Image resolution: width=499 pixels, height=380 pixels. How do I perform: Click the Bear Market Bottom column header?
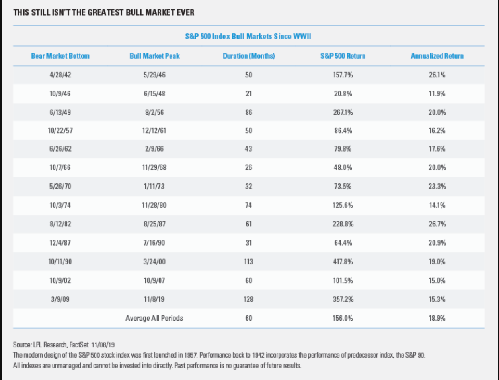[x=60, y=56]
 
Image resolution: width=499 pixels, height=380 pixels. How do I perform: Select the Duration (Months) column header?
[x=249, y=56]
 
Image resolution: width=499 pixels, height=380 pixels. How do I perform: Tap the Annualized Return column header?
[x=437, y=56]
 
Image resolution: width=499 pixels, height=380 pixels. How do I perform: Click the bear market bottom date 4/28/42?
[x=60, y=75]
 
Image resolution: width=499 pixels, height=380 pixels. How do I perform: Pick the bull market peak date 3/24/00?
[x=154, y=262]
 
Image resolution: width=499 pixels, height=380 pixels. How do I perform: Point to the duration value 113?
[x=248, y=262]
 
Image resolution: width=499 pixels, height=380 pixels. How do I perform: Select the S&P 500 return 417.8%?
[x=343, y=262]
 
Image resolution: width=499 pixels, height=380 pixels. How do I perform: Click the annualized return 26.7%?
[x=437, y=224]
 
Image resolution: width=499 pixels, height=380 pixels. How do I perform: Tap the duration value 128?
[x=248, y=299]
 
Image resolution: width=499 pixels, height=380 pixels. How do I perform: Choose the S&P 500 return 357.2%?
[x=343, y=299]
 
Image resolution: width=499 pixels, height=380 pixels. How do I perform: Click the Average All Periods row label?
[x=154, y=318]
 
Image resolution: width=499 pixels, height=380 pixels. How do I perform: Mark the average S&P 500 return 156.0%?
[x=343, y=318]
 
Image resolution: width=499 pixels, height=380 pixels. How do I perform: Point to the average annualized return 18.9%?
[x=437, y=318]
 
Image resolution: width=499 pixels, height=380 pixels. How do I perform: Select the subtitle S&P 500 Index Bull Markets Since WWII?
[x=248, y=36]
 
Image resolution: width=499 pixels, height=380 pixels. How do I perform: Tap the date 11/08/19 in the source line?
[x=103, y=345]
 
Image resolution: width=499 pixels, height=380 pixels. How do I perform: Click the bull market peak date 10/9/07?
[x=154, y=280]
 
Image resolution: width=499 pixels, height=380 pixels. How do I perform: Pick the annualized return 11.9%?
[x=437, y=94]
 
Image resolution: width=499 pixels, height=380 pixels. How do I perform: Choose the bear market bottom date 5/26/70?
[x=60, y=186]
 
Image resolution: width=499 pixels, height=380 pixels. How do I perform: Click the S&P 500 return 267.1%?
[x=343, y=112]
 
